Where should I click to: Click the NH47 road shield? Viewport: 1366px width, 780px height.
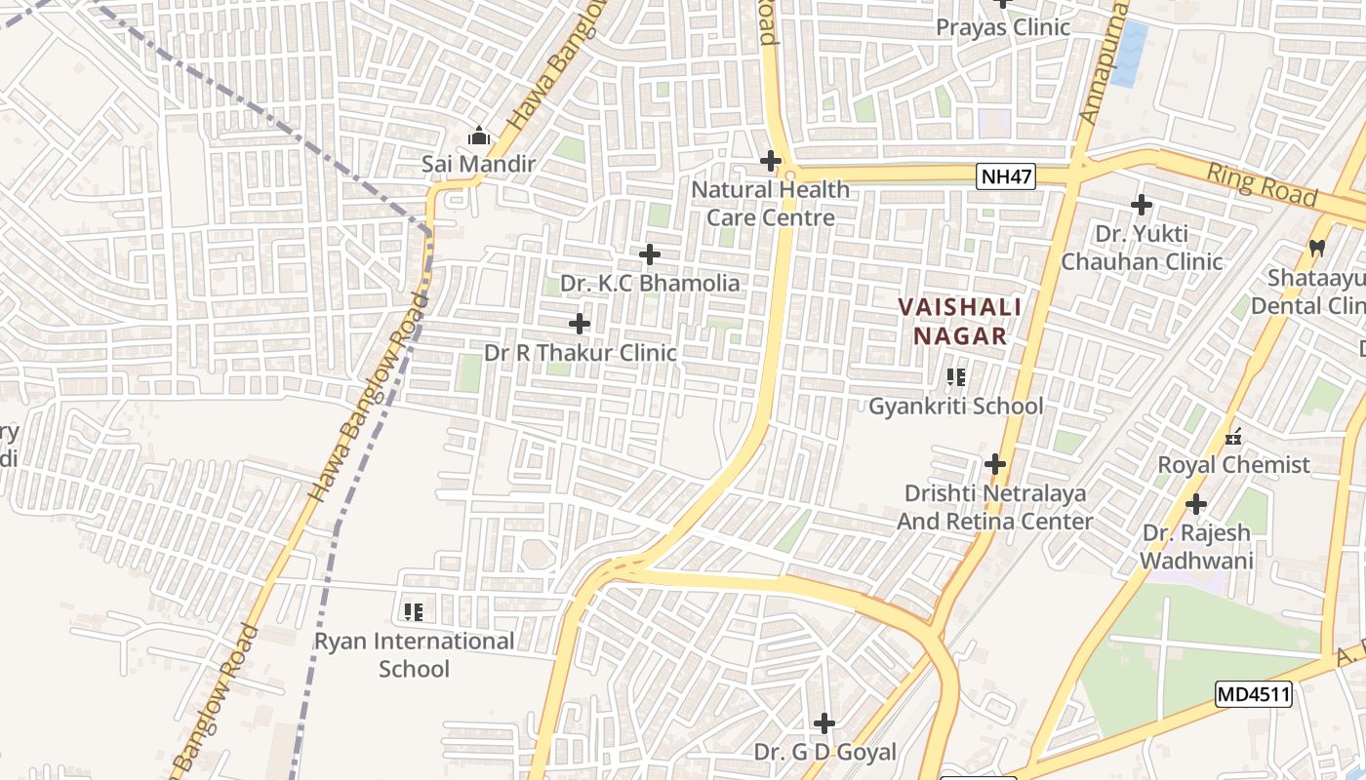pyautogui.click(x=1006, y=176)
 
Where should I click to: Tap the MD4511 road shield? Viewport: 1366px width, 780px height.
pyautogui.click(x=1254, y=695)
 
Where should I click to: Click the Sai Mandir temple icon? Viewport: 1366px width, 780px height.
pyautogui.click(x=479, y=136)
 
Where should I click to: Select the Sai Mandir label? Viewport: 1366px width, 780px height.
pyautogui.click(x=479, y=164)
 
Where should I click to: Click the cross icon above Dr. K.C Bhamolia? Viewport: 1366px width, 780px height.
pyautogui.click(x=650, y=255)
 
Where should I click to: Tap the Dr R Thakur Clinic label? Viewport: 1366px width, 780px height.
pyautogui.click(x=581, y=353)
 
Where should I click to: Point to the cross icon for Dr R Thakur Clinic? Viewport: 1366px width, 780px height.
pyautogui.click(x=580, y=324)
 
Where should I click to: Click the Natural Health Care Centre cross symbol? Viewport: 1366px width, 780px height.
pyautogui.click(x=771, y=161)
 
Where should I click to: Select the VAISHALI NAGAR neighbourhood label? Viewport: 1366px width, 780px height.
pyautogui.click(x=959, y=322)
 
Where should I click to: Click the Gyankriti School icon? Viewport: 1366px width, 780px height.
pyautogui.click(x=956, y=376)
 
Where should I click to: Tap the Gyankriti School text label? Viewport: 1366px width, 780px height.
pyautogui.click(x=956, y=407)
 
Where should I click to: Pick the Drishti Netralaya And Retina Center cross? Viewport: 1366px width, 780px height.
pyautogui.click(x=995, y=464)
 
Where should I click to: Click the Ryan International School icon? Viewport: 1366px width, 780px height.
pyautogui.click(x=414, y=612)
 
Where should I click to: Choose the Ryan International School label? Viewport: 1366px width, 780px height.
pyautogui.click(x=414, y=655)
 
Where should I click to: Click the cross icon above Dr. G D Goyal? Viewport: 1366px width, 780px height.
pyautogui.click(x=824, y=723)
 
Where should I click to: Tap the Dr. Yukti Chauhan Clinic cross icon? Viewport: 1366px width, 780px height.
pyautogui.click(x=1142, y=205)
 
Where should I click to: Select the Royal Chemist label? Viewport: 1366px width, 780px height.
pyautogui.click(x=1233, y=465)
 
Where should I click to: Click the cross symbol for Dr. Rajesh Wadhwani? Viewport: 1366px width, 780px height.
pyautogui.click(x=1196, y=505)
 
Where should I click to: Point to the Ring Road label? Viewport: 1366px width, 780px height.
pyautogui.click(x=1262, y=184)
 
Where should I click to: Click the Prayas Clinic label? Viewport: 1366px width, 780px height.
pyautogui.click(x=1003, y=27)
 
